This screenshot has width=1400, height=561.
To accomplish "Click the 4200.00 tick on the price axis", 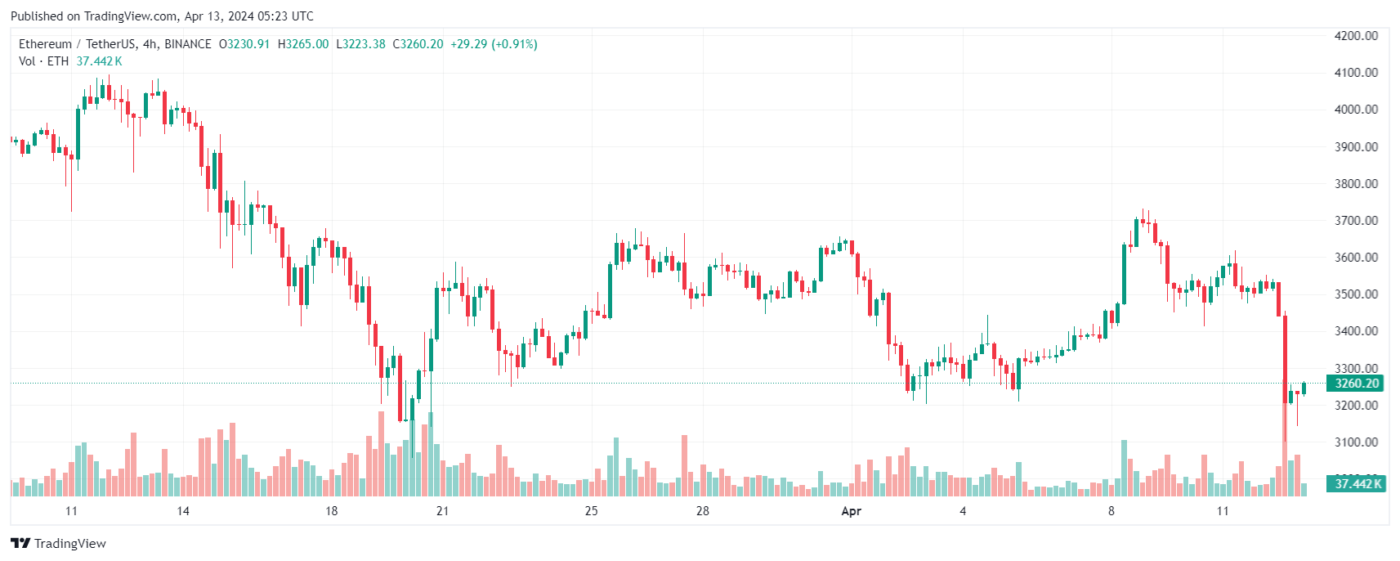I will (1355, 36).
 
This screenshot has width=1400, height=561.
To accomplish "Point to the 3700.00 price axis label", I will (1355, 221).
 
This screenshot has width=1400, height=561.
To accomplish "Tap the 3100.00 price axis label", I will (1355, 442).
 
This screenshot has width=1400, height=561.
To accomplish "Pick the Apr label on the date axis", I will (851, 511).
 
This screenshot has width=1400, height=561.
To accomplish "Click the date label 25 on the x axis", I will (591, 511).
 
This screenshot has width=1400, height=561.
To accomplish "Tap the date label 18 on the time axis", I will (331, 511).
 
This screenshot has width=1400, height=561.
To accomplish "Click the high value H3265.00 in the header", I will (303, 44).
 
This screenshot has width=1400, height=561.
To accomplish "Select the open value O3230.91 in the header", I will (244, 44).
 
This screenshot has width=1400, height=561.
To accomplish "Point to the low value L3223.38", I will (360, 44).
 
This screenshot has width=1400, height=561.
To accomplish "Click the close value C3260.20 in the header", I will (418, 44).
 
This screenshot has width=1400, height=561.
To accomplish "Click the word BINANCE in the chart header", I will (188, 44).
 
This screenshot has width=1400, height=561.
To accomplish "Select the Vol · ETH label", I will (43, 61).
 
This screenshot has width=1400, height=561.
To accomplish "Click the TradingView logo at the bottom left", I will (58, 544).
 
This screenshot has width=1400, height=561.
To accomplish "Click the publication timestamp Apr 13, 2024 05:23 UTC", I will (248, 16).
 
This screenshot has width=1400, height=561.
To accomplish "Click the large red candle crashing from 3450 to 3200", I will (1286, 360).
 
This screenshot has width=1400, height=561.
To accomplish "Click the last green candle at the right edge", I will (1304, 388).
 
